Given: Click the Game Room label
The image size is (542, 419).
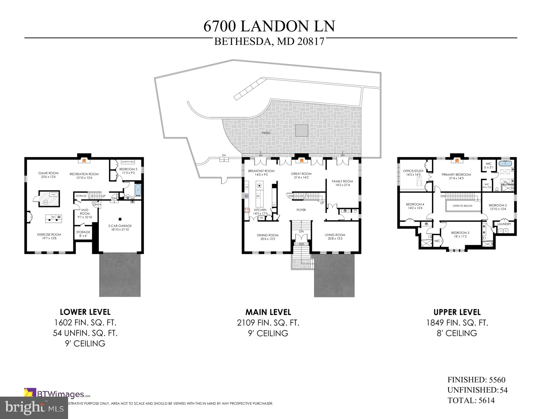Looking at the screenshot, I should coord(48,173).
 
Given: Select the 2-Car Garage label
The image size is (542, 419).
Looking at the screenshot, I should coord(120,226).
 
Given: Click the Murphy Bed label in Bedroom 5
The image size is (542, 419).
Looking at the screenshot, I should coord(128,162).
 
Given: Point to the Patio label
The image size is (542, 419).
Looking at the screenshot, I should coord(266,133).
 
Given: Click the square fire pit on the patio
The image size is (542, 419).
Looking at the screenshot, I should coord(301,131).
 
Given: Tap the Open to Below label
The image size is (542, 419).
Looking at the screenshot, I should coord(462,206).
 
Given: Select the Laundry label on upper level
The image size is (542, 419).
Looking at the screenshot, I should coord(504,224).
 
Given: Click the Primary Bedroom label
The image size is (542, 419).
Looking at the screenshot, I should coord(456,175).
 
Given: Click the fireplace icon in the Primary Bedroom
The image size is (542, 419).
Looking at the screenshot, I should coord(456,157).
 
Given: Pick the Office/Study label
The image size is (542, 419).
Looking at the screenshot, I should coord(413,171).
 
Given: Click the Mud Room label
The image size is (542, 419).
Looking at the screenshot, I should coord(85,212).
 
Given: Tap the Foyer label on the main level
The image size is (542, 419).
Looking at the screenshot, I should coord(301,210).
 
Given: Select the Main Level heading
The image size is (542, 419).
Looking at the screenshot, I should coord(268,312).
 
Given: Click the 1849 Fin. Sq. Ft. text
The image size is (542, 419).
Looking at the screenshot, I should coord(457,323).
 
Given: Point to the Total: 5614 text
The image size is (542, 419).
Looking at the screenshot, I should coord(471,400).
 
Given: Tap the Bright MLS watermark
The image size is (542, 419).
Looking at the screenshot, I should coord(34,407).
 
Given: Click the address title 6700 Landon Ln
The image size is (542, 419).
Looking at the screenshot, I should coord(269,26).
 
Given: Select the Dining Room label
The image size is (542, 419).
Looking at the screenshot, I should coord(267,235).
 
